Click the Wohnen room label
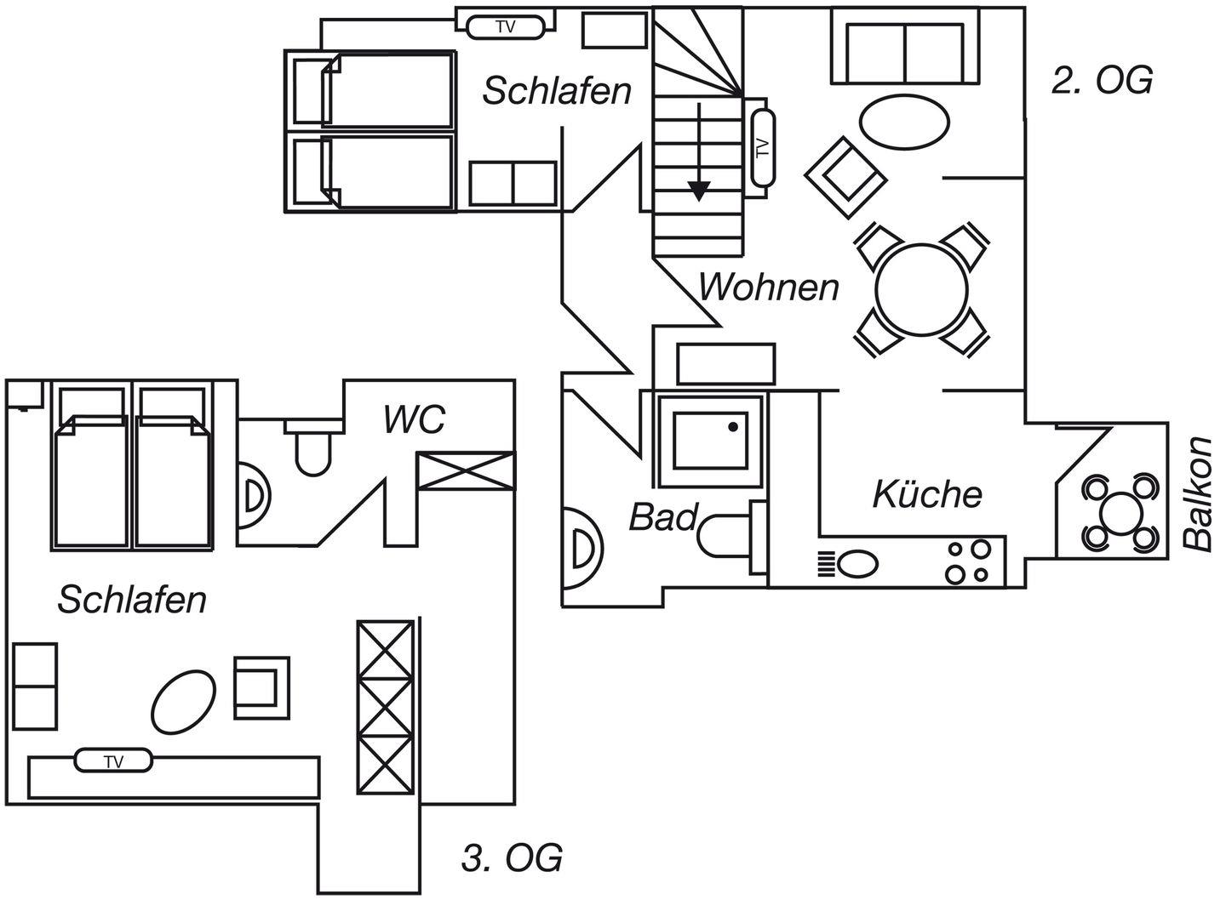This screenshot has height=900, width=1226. click(769, 288)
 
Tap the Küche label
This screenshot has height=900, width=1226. click(927, 494)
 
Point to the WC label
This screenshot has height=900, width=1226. click(414, 420)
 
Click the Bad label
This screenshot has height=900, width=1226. click(663, 517)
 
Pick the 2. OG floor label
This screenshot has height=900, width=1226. click(1102, 81)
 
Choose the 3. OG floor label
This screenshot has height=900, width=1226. click(512, 858)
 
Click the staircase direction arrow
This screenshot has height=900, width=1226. click(699, 153)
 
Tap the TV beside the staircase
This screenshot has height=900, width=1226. click(761, 147)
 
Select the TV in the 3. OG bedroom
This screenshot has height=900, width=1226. click(114, 760)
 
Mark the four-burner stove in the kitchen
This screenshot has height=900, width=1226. click(969, 561)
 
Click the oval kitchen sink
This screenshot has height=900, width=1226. click(858, 563)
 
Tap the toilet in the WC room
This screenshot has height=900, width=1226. click(312, 447)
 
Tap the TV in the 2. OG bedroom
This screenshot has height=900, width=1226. click(505, 27)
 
